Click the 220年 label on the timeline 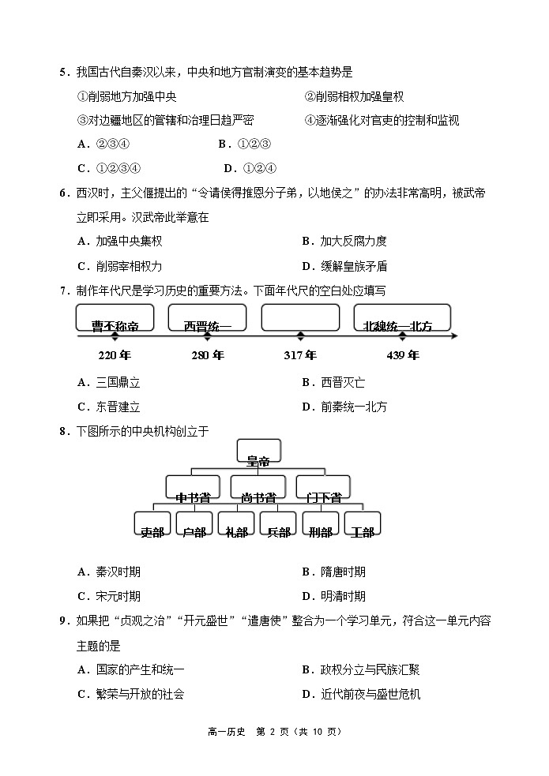coord(115,355)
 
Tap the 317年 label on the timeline coord(300,355)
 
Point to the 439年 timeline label coord(403,355)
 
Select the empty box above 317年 coord(300,317)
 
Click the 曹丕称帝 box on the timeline coord(115,319)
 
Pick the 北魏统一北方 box coord(403,319)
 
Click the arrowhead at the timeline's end coord(454,337)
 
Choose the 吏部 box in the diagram coord(152,527)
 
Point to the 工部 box coord(362,527)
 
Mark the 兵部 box coord(278,527)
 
